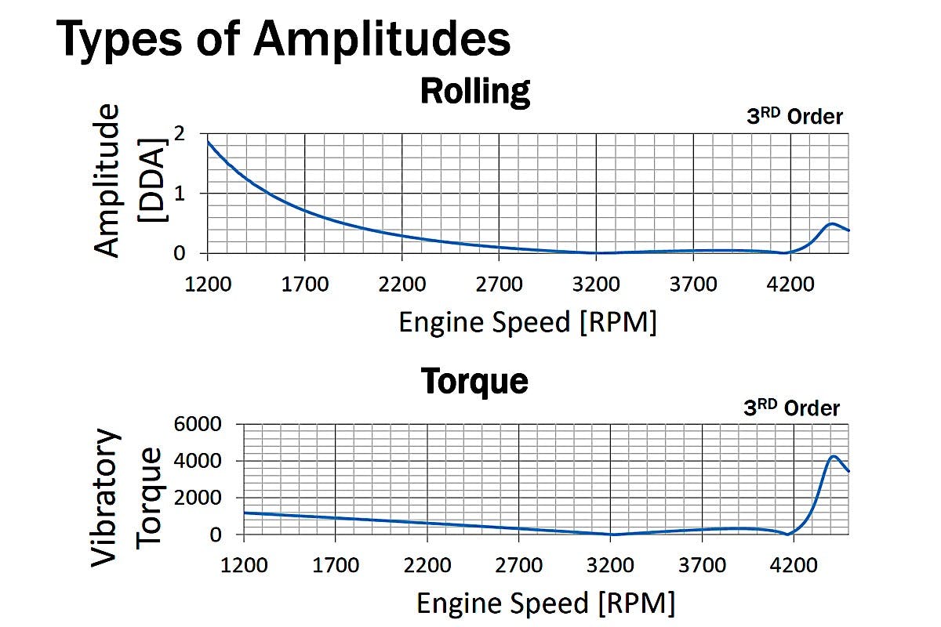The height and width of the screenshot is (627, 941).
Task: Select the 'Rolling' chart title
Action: (x=475, y=91)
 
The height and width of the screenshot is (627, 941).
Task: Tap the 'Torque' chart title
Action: (x=475, y=381)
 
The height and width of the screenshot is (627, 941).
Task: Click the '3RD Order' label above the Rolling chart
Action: (x=794, y=117)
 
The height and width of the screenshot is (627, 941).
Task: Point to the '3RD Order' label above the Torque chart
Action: (x=791, y=408)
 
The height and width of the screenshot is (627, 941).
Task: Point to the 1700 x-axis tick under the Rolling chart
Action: (x=304, y=283)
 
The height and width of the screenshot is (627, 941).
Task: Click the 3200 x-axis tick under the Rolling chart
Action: (x=596, y=283)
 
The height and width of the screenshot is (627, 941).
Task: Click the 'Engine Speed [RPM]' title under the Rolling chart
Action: (x=527, y=321)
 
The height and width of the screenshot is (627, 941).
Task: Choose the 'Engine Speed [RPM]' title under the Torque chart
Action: (x=545, y=603)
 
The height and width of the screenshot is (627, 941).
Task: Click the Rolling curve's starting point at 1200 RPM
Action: (x=209, y=142)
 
